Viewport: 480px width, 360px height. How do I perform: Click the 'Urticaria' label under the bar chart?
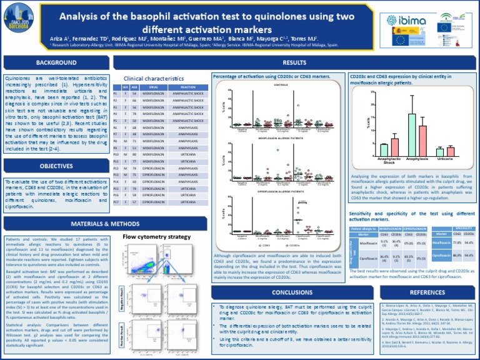point(444,159)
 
